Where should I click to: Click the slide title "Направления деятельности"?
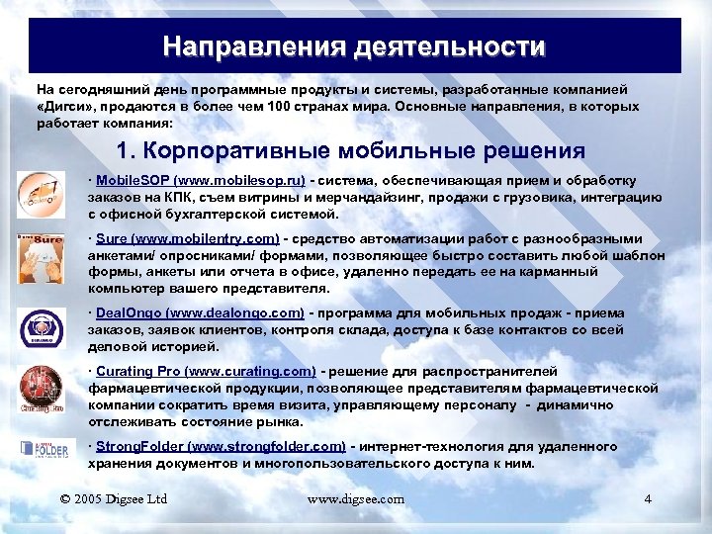tap(355, 46)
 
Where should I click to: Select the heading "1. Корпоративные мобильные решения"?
tap(351, 152)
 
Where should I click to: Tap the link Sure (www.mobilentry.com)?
tap(187, 238)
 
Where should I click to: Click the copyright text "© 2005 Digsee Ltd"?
tap(116, 499)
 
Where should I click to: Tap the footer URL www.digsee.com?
tap(356, 499)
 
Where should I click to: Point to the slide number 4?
tap(648, 499)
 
